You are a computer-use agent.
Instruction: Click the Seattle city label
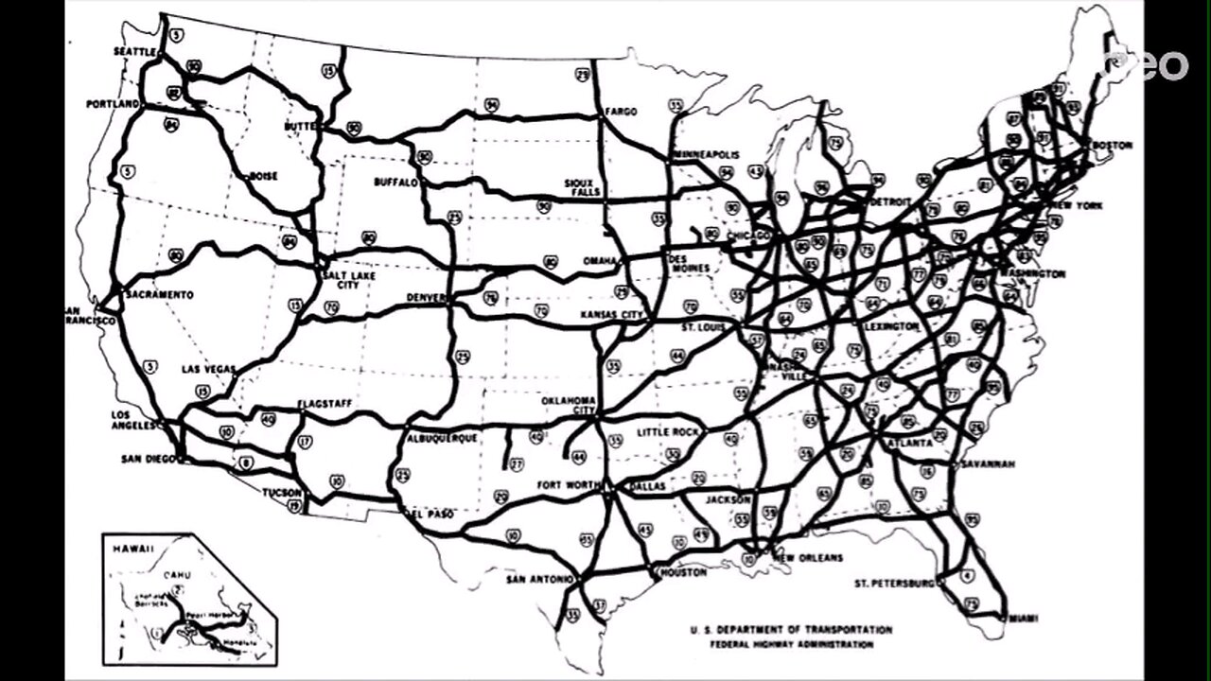[133, 50]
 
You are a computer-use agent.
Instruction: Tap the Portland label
[113, 103]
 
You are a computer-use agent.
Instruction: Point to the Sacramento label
[159, 295]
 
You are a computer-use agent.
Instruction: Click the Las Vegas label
[208, 369]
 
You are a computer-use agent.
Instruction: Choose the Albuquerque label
[442, 439]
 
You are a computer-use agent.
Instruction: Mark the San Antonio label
[539, 579]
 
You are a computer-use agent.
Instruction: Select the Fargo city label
[621, 112]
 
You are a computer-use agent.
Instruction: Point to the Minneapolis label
[707, 154]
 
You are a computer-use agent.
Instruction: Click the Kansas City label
[612, 313]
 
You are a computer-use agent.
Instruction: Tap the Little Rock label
[667, 432]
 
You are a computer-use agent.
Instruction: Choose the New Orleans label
[809, 558]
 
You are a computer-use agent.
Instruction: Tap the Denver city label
[426, 298]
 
